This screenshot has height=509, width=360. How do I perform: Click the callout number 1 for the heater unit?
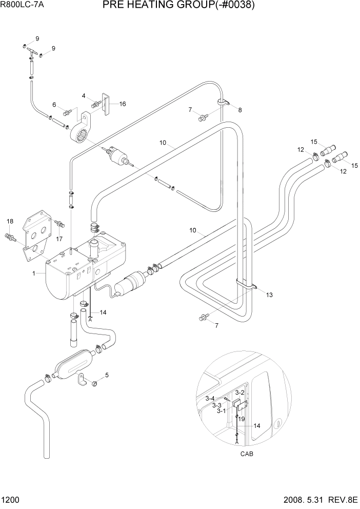(34, 273)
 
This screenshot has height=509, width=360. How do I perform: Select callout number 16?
(122, 104)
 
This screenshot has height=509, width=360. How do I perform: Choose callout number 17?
(59, 238)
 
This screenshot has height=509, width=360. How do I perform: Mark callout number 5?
(107, 375)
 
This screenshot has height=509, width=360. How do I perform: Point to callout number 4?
(84, 95)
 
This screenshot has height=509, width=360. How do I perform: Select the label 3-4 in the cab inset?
(210, 398)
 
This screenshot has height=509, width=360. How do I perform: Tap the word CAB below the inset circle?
(246, 454)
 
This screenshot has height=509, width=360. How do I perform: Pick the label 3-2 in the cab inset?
(239, 393)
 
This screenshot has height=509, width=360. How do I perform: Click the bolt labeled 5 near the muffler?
(95, 383)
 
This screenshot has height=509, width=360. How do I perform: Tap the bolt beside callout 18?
(10, 237)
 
